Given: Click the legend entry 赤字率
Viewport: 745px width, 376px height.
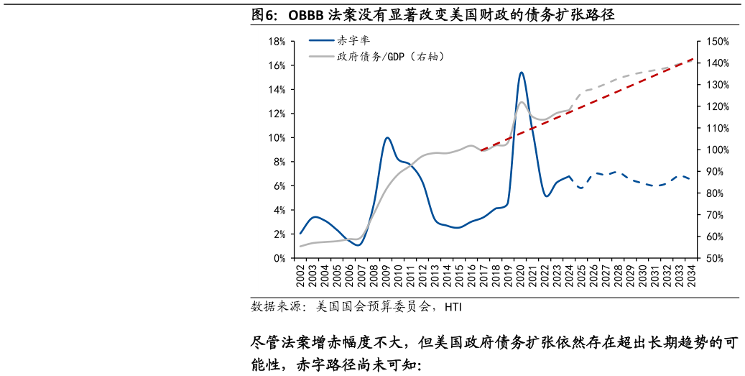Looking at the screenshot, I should (353, 41).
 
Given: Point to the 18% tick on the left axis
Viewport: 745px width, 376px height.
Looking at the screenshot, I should (277, 42).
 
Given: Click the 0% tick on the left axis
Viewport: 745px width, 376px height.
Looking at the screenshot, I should (279, 258).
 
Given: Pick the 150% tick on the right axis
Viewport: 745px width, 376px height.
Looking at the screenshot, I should (717, 42).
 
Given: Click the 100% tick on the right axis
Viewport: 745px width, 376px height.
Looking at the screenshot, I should (717, 150).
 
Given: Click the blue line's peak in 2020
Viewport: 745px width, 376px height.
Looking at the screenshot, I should (521, 72).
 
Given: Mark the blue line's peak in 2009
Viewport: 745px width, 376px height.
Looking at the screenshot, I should (387, 137).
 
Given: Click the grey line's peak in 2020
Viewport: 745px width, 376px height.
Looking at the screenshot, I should (522, 102).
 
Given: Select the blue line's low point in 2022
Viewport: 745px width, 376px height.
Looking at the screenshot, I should (547, 196).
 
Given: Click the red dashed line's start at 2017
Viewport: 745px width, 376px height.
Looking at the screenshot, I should (481, 150).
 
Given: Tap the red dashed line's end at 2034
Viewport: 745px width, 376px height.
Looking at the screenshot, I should (693, 59).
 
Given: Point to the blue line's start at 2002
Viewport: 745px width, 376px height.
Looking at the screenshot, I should (300, 233).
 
